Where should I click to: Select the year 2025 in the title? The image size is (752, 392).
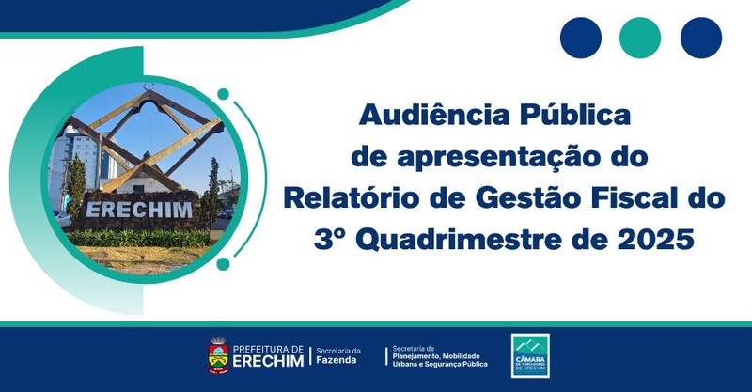(x=658, y=240)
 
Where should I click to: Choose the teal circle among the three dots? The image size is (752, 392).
(x=640, y=38)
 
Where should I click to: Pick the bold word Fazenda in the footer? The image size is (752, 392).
(x=337, y=361)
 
